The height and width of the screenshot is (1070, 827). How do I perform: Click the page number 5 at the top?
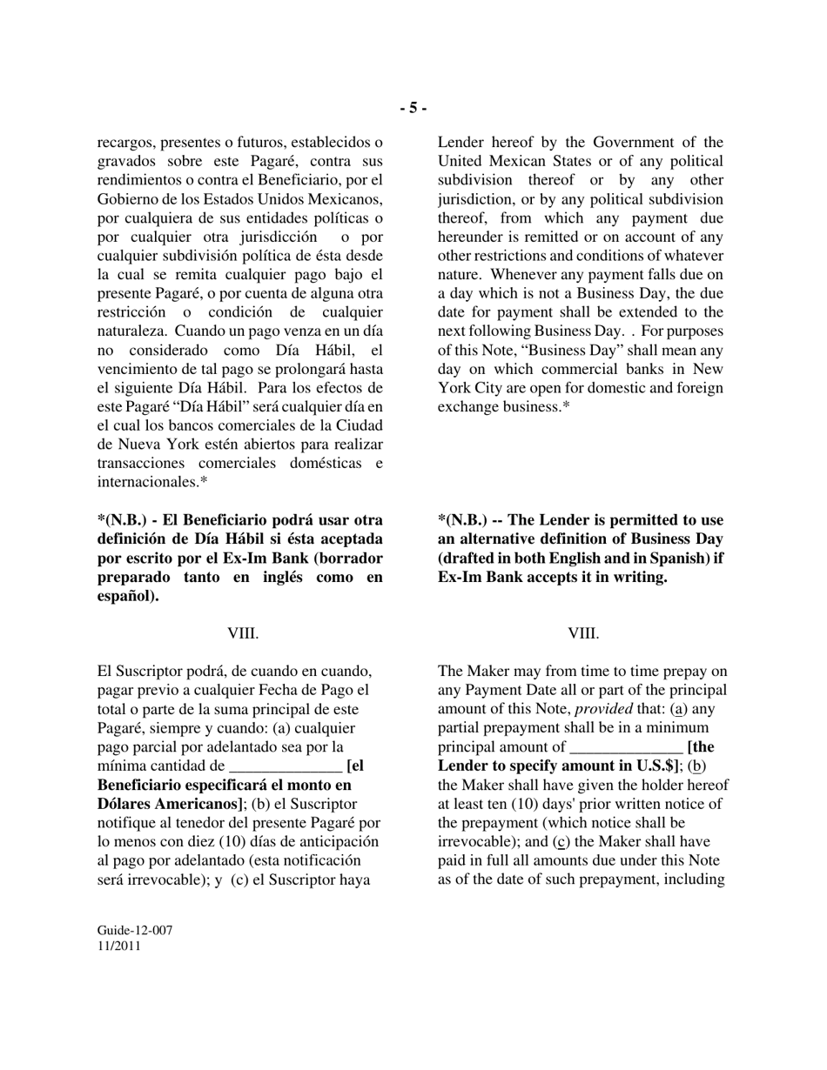(413, 108)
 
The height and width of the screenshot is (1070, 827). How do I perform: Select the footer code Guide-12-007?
(134, 930)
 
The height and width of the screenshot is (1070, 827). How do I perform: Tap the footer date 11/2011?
(118, 946)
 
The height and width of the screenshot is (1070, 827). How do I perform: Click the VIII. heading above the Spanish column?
(243, 633)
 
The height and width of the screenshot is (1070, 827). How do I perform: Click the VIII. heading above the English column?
(583, 633)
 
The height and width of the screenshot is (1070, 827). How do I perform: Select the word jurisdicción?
(273, 237)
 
